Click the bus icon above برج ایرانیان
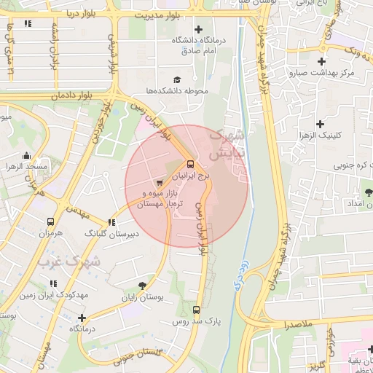[x=190, y=164]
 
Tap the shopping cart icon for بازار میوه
[x=160, y=182]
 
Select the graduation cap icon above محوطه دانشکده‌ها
[x=177, y=79]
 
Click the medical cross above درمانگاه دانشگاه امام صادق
[x=198, y=29]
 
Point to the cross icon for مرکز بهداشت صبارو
[x=321, y=60]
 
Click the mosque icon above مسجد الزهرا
[x=27, y=155]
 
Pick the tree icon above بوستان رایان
[x=141, y=285]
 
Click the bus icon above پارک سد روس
[x=196, y=308]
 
